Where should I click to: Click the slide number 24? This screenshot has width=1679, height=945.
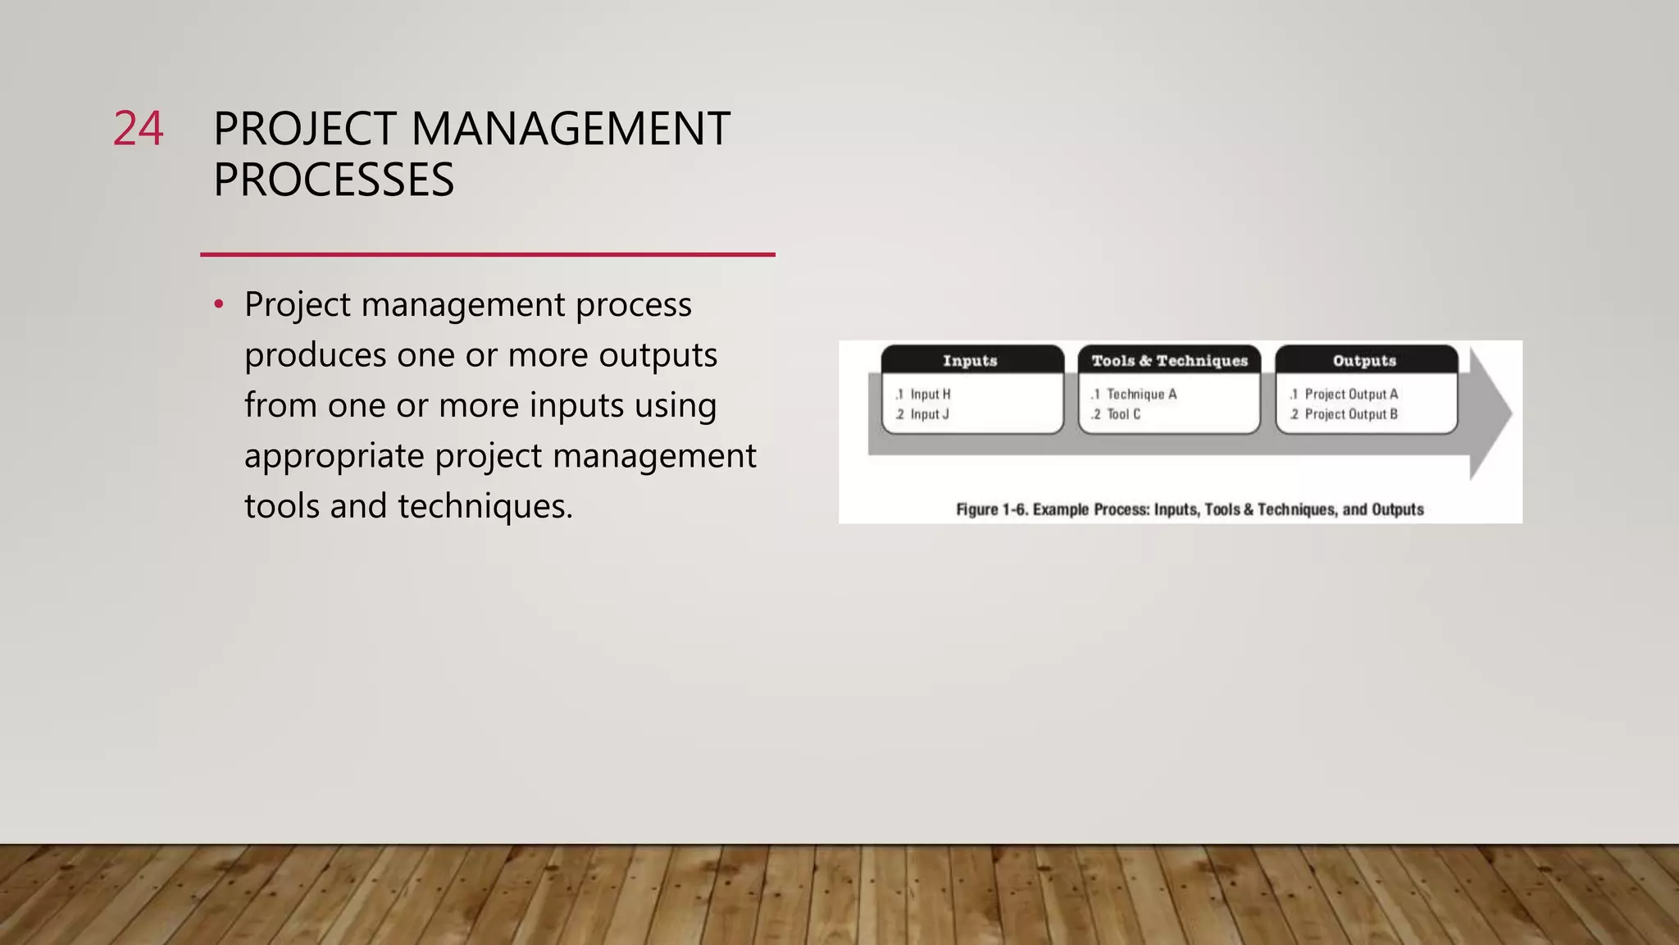click(138, 129)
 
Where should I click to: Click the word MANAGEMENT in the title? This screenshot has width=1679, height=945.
click(570, 129)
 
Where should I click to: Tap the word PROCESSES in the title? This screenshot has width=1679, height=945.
click(333, 180)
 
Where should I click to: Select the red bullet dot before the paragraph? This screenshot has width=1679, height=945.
click(218, 305)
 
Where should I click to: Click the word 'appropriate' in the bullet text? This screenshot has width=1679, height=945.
click(334, 456)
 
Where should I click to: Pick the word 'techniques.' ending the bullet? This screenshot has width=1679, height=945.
click(485, 506)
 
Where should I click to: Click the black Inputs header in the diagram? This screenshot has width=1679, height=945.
click(971, 360)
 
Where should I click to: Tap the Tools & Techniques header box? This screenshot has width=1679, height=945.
click(1169, 360)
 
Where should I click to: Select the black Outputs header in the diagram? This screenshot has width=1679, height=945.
click(1365, 360)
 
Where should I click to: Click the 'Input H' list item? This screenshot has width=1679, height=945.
click(930, 395)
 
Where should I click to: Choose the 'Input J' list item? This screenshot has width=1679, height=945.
click(929, 414)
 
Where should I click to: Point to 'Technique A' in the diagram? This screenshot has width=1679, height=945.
click(1141, 395)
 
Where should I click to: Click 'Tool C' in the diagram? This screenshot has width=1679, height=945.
click(1123, 414)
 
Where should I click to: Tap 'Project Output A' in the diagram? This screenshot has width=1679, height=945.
click(1351, 395)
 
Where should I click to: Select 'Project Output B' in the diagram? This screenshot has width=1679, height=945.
click(1351, 414)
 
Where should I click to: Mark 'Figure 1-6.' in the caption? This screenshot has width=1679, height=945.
click(991, 509)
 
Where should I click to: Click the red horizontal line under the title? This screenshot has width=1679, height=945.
click(487, 254)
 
